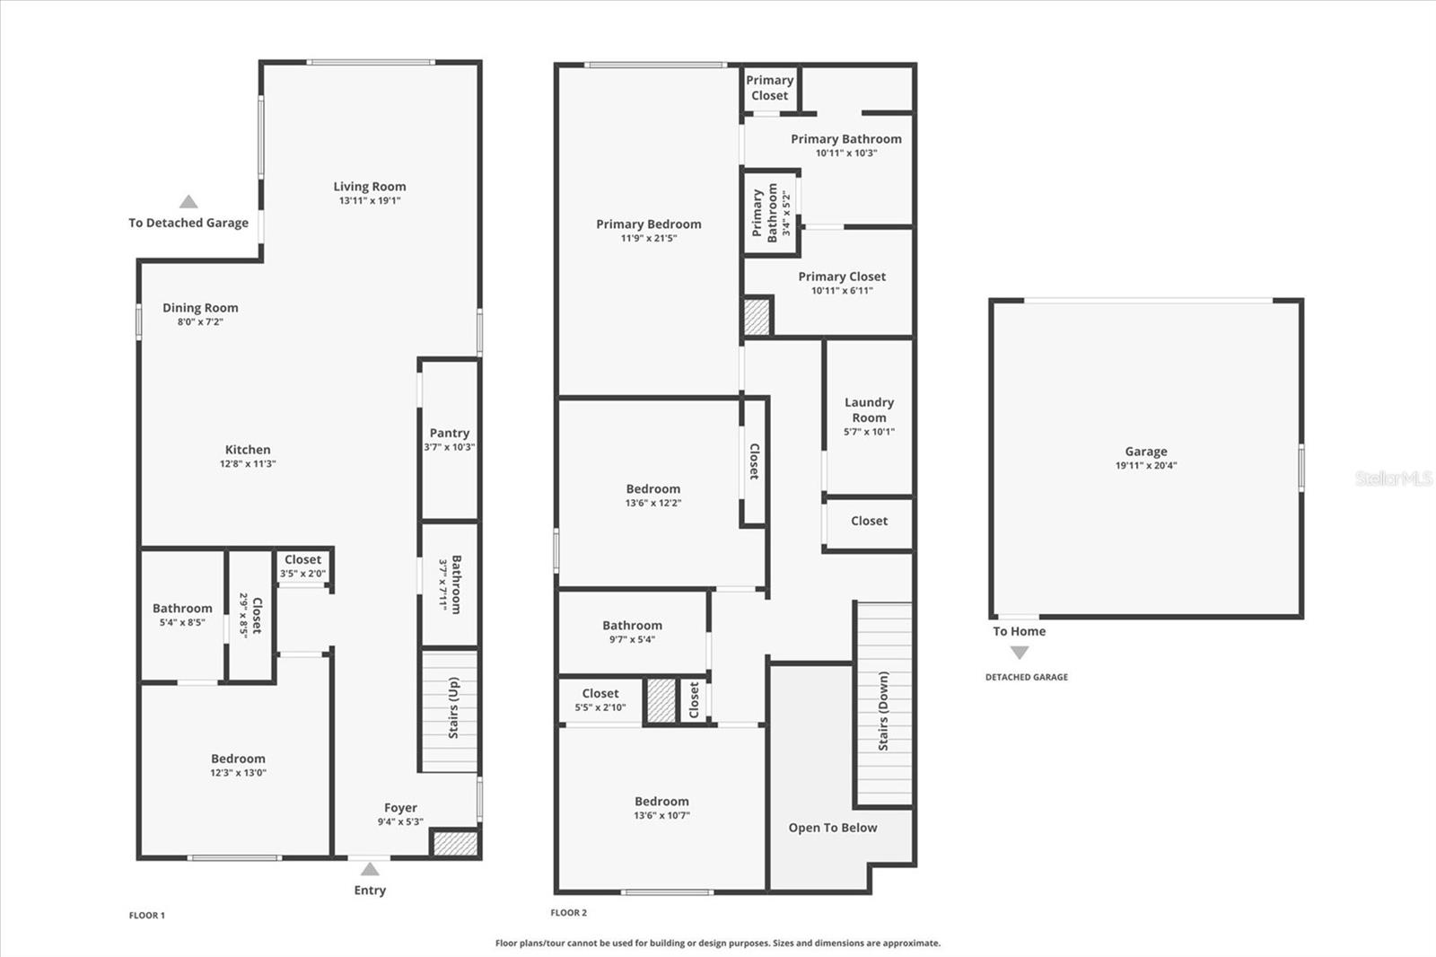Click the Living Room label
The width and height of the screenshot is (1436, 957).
click(x=370, y=187)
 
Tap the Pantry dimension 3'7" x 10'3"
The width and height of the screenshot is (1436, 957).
click(x=450, y=447)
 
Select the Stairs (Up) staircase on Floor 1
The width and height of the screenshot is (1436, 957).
click(x=450, y=709)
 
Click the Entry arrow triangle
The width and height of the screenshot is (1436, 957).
click(x=370, y=869)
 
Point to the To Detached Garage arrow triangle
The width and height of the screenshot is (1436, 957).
click(x=188, y=202)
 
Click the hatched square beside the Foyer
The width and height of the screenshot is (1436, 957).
click(x=455, y=844)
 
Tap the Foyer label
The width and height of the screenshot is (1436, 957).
click(x=400, y=808)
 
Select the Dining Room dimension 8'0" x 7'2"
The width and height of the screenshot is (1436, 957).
click(x=200, y=321)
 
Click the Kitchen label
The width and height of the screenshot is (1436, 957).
click(x=248, y=450)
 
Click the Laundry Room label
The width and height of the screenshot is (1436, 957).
click(x=869, y=410)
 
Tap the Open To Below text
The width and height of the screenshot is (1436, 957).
click(x=833, y=828)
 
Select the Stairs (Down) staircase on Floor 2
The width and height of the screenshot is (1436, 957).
click(x=884, y=705)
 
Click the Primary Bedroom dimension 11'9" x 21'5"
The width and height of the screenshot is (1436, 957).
click(x=649, y=238)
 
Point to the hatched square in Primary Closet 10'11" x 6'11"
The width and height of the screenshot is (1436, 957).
click(x=757, y=317)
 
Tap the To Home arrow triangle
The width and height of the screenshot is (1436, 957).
click(x=1020, y=653)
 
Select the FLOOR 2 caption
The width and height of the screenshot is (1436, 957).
click(x=568, y=913)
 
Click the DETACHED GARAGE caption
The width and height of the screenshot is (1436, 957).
click(x=1027, y=677)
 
